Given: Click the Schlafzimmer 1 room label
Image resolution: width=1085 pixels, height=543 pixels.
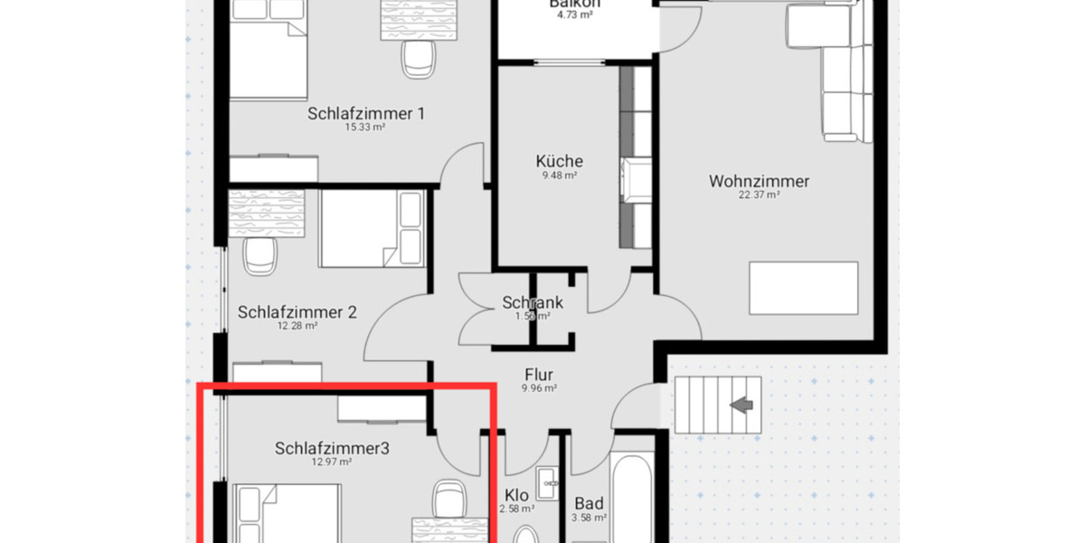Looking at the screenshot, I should (366, 114).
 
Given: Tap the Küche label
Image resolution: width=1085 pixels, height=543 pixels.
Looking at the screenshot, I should (559, 161).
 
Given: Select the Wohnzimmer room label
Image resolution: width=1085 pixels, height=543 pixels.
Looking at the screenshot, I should (759, 181).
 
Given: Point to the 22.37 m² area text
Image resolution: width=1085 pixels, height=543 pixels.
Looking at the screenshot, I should (759, 195).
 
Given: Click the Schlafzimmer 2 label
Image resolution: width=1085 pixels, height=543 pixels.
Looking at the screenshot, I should (297, 312).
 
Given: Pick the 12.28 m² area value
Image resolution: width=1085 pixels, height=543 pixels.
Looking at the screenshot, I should (297, 326).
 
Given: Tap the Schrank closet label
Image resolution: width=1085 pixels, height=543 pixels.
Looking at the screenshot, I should (533, 303).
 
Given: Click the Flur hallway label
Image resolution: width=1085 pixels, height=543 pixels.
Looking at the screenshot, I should (538, 375).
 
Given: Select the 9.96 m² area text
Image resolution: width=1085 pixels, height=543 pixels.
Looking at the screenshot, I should (538, 388).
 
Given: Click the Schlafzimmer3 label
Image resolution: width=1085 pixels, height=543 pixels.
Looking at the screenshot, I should (332, 448).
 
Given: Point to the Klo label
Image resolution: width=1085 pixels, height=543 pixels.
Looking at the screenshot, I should (516, 495).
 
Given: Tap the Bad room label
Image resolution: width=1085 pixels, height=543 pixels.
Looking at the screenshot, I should (589, 504).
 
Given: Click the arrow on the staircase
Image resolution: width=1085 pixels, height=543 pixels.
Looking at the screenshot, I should (742, 405).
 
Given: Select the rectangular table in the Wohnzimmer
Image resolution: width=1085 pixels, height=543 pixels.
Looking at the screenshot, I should (804, 288).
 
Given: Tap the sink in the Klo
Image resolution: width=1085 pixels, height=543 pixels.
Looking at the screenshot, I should (547, 484).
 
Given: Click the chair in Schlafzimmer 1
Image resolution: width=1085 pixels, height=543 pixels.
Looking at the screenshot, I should (417, 60).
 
